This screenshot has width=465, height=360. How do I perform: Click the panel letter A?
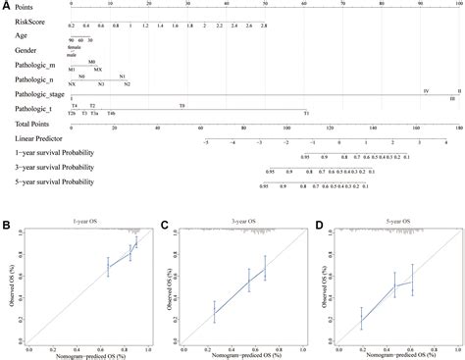6,5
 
